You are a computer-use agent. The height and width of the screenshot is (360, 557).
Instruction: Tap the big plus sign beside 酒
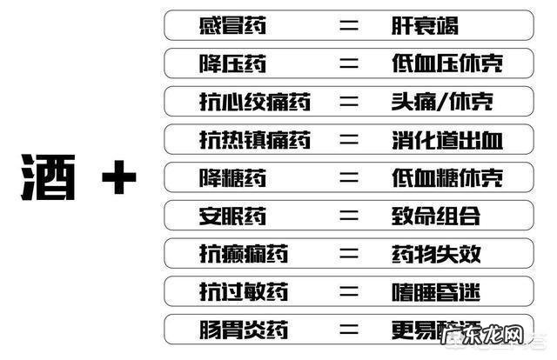tap(119, 180)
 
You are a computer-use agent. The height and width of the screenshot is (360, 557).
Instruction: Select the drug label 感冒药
tap(232, 24)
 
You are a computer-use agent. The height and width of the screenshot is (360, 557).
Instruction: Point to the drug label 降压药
tap(232, 63)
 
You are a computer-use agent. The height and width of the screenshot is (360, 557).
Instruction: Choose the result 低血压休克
tap(447, 63)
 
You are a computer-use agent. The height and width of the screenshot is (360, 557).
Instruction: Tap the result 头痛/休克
tap(441, 101)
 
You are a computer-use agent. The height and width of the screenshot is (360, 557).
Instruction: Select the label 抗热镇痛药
tap(254, 139)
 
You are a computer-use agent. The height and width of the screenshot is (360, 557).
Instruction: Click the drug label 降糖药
tap(232, 177)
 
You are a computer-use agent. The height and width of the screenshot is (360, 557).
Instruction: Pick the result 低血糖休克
tap(447, 177)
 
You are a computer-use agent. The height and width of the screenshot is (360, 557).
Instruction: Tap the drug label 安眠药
tap(232, 216)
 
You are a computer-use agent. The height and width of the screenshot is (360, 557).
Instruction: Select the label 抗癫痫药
tap(243, 254)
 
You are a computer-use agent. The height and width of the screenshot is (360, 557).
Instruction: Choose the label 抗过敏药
tap(243, 292)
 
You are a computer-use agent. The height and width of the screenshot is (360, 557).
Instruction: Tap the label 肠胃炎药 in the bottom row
tap(243, 330)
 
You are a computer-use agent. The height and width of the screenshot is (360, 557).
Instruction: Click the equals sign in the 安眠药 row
tap(349, 216)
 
